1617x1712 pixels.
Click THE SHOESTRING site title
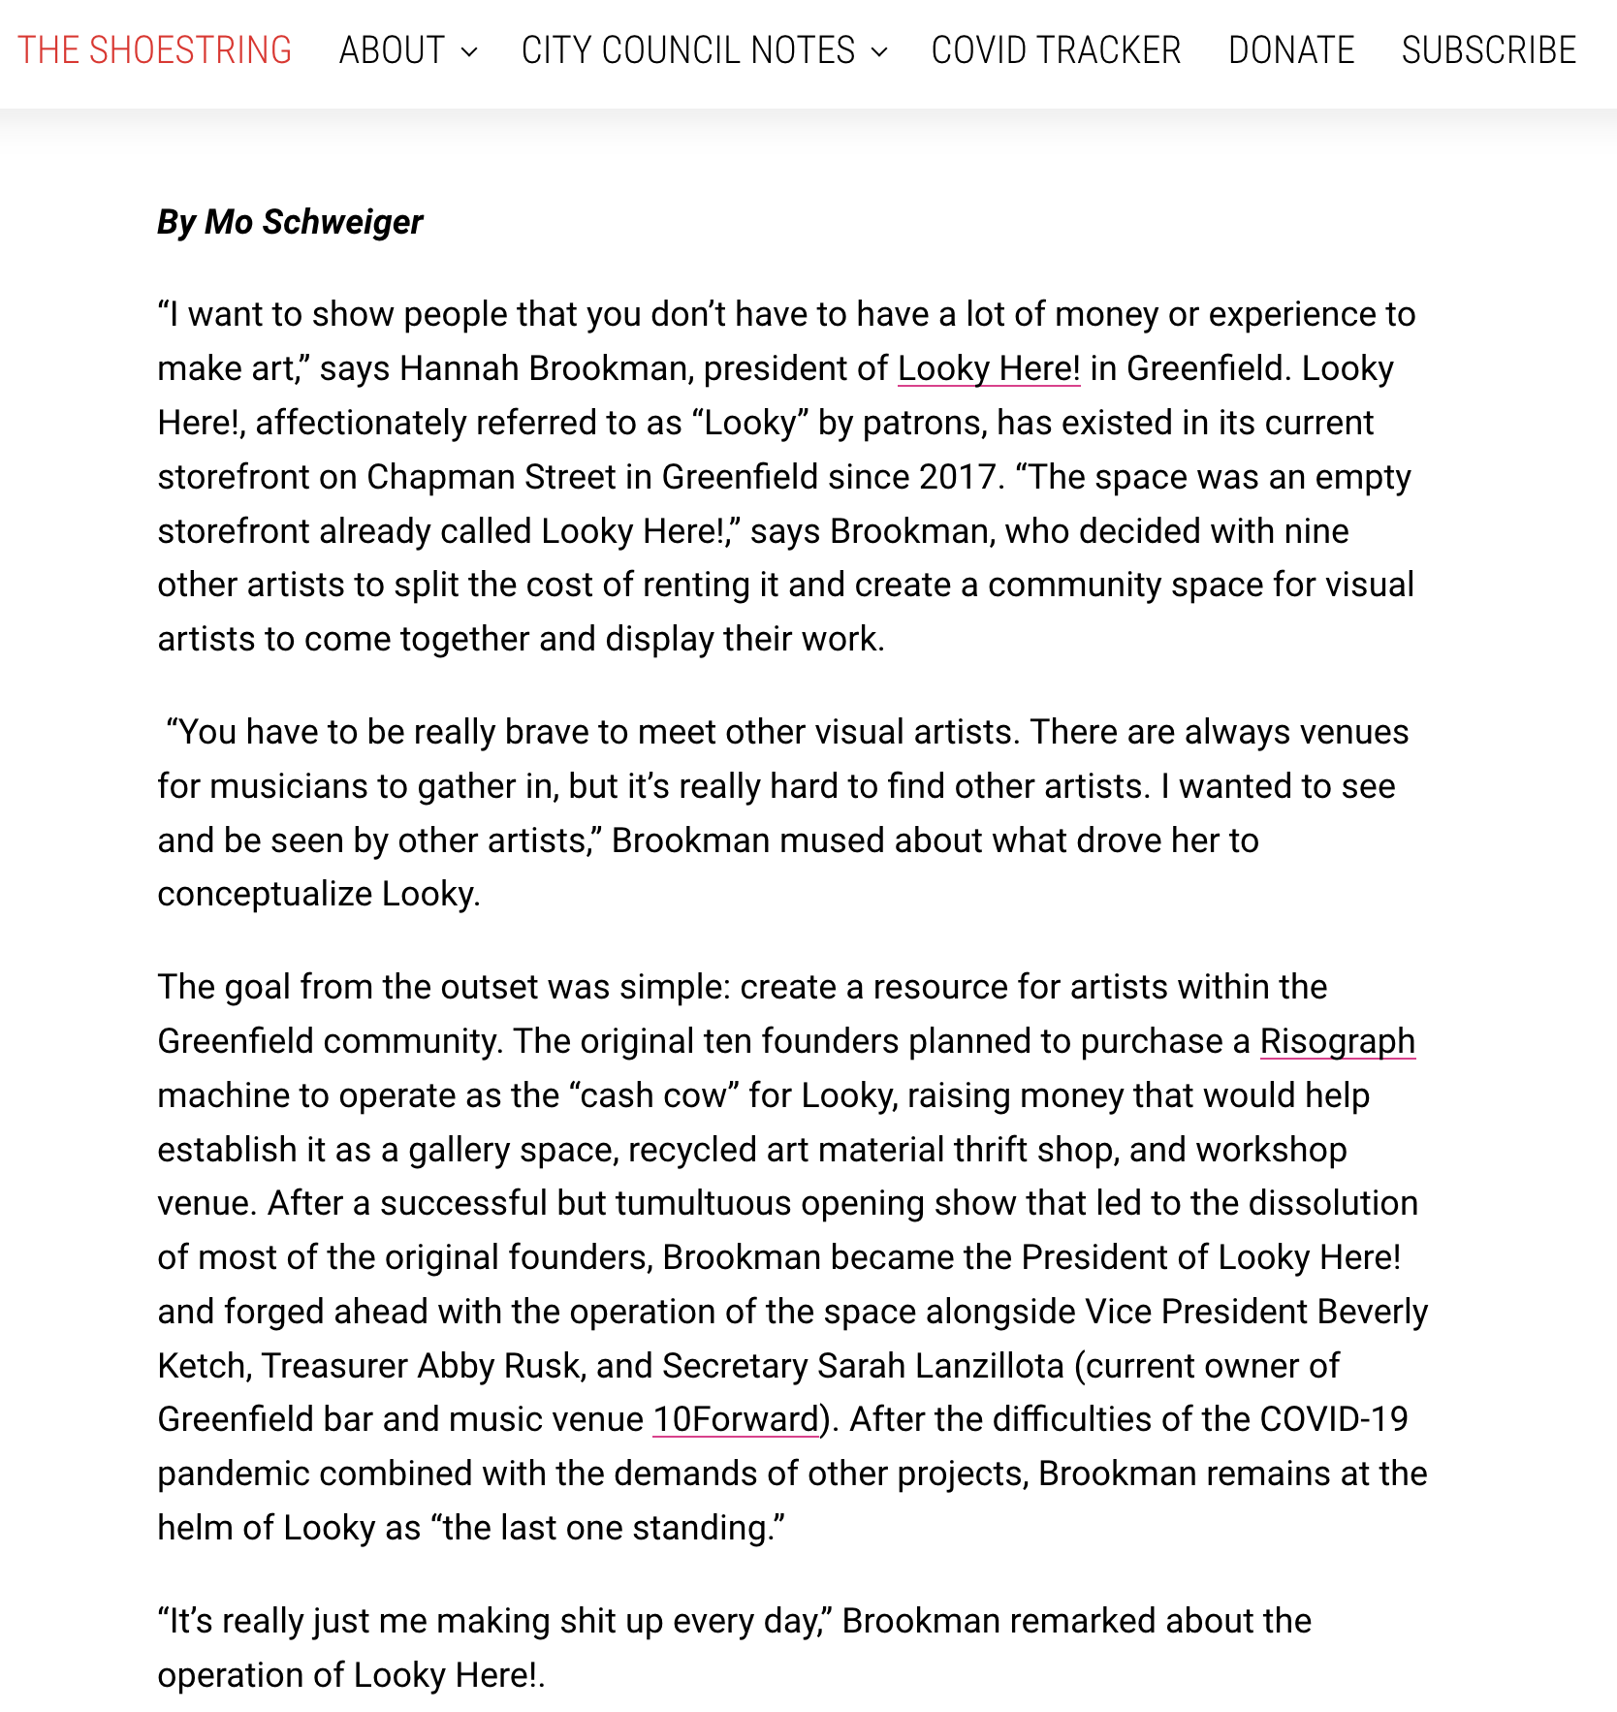pyautogui.click(x=155, y=50)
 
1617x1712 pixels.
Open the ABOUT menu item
pyautogui.click(x=392, y=50)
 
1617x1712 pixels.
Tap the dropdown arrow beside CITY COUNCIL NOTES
pyautogui.click(x=879, y=52)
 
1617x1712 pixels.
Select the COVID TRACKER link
pyautogui.click(x=1056, y=50)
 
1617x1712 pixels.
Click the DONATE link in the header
pyautogui.click(x=1291, y=50)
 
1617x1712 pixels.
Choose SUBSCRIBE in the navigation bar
pyautogui.click(x=1489, y=50)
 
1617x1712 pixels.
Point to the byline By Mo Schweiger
pyautogui.click(x=290, y=222)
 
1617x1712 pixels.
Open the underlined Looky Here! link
pyautogui.click(x=988, y=368)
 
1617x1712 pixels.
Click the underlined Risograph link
pyautogui.click(x=1337, y=1041)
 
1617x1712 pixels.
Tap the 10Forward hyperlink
pyautogui.click(x=736, y=1419)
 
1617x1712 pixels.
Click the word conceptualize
pyautogui.click(x=265, y=894)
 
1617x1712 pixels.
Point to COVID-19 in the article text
pyautogui.click(x=1333, y=1419)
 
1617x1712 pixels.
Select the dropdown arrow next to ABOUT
pyautogui.click(x=469, y=52)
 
